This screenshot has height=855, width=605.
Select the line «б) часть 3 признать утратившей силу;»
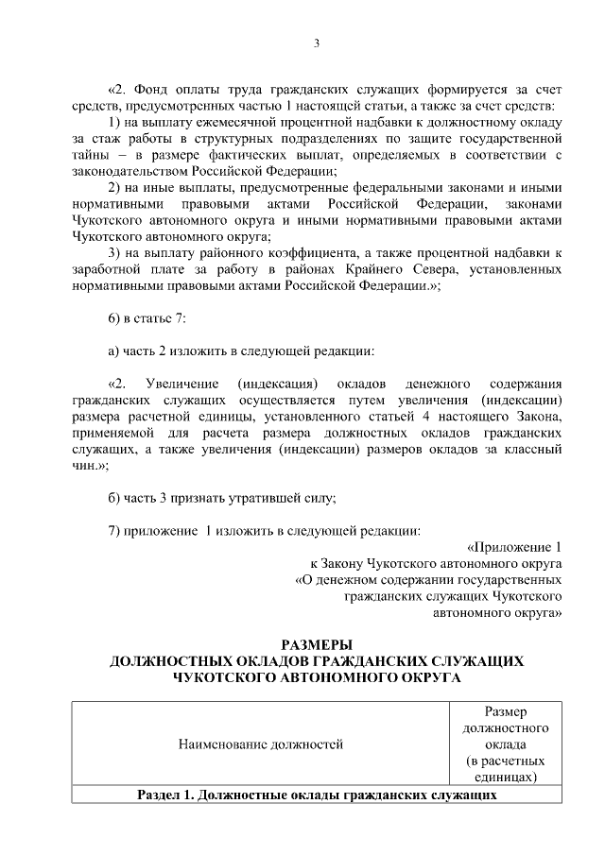click(222, 497)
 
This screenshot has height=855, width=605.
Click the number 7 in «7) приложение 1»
click(112, 530)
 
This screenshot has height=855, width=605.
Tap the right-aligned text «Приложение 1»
click(515, 547)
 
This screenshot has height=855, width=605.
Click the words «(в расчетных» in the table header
click(505, 761)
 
